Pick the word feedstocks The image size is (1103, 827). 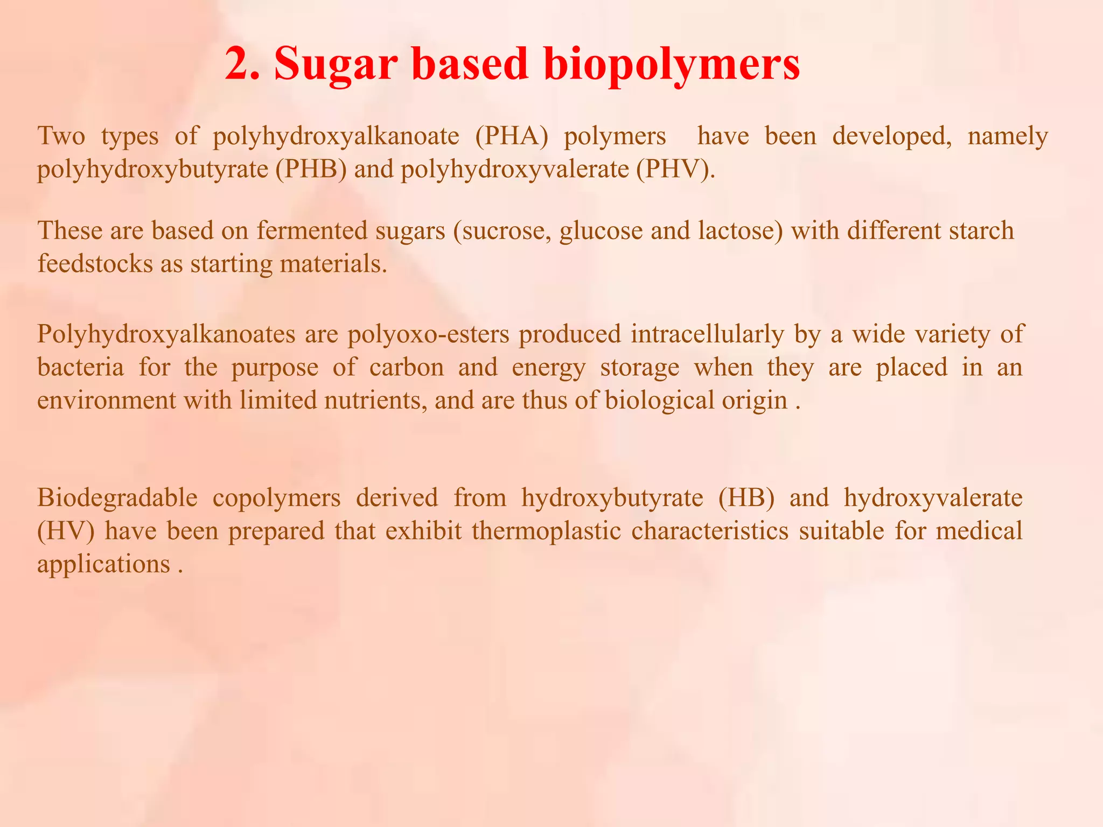[x=95, y=264]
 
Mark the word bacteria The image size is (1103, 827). [x=80, y=367]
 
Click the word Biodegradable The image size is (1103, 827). [x=117, y=497]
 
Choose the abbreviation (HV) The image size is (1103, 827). [x=66, y=531]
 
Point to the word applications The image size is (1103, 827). [x=104, y=564]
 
